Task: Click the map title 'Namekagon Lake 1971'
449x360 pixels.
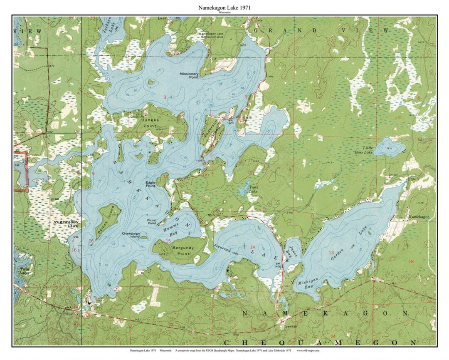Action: coord(225,7)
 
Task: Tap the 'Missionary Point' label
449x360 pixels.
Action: coord(189,75)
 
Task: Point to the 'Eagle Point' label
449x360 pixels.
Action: coord(150,184)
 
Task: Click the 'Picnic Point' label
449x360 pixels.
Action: coord(154,221)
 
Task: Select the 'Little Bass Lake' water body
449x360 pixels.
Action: coord(390,147)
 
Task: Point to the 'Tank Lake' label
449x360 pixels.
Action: coord(254,189)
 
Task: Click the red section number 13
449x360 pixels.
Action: coord(331,253)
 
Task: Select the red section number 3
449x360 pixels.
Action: coord(165,97)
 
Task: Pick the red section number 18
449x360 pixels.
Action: coord(411,261)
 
